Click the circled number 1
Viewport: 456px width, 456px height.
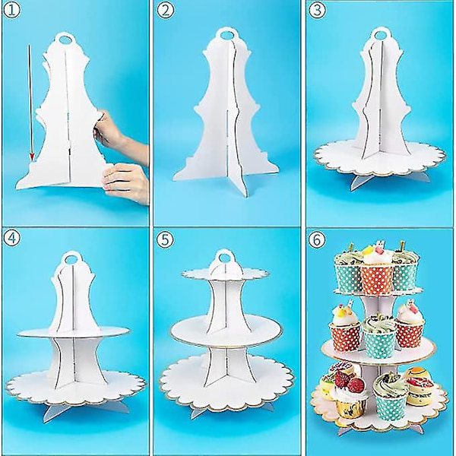click(11, 10)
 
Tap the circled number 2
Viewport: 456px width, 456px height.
click(164, 10)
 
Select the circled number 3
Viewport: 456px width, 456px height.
click(317, 10)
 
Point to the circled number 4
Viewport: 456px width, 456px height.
click(11, 239)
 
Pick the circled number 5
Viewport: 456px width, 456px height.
click(165, 239)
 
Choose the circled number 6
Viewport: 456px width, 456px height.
click(317, 239)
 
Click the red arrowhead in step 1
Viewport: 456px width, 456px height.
click(32, 157)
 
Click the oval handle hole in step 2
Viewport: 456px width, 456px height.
click(227, 35)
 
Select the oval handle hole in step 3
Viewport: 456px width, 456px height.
click(381, 35)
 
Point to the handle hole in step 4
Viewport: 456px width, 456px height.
click(70, 258)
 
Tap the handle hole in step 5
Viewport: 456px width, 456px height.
click(223, 257)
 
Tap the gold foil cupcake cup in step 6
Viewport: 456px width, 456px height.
click(349, 407)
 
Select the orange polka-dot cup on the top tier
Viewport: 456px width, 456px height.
click(377, 280)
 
